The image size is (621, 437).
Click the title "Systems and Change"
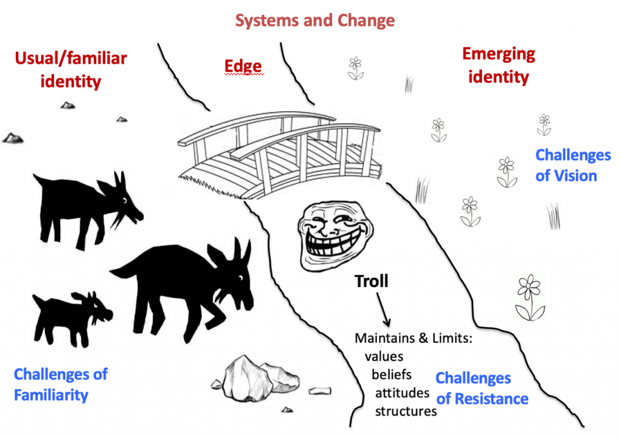point(315,20)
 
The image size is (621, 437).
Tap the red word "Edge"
point(243,66)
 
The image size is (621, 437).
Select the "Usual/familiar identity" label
point(71,70)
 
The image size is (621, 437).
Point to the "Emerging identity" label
point(498,65)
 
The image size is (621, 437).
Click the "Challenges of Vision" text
point(573,165)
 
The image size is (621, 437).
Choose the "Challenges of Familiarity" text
point(61,384)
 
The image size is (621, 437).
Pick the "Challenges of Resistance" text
point(482,388)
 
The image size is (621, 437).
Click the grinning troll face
point(336,235)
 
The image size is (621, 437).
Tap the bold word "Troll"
point(371,281)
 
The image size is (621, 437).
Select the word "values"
point(384,356)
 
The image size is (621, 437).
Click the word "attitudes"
point(402,393)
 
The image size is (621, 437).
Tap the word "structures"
point(406,412)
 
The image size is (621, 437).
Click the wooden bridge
point(279,155)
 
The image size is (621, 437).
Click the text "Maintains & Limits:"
point(414,338)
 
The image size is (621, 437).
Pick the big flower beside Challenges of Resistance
point(529,297)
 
